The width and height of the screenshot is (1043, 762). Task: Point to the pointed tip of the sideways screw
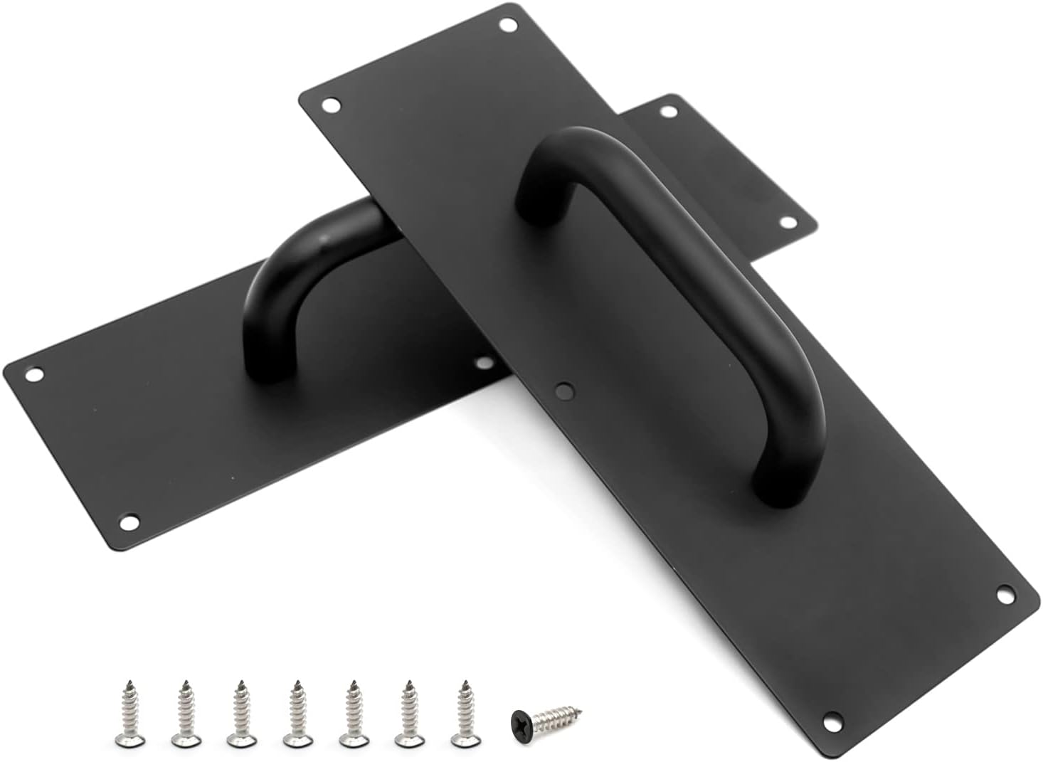[582, 707]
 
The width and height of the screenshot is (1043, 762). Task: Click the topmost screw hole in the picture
[508, 25]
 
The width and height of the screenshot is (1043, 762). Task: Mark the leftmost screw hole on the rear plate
[33, 373]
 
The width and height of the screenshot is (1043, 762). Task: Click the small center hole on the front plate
[564, 389]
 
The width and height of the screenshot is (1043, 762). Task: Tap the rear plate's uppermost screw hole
[668, 111]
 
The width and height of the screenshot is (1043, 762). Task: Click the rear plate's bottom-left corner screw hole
[129, 522]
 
